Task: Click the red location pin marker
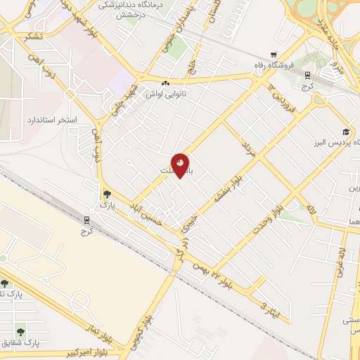coord(181,165)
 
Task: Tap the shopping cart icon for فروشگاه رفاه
coord(274,56)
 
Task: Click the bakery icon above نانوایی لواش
coord(165,83)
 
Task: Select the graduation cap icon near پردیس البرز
coord(346,131)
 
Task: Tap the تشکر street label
coord(32,37)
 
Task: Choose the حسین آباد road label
coord(145,213)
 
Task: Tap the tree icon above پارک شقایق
coord(21,330)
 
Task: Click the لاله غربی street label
coord(342,259)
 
